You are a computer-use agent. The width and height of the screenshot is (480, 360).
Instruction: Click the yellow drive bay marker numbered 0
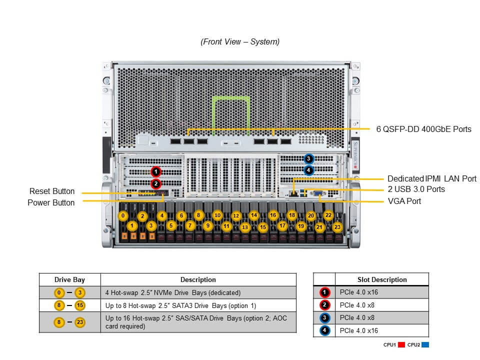123,215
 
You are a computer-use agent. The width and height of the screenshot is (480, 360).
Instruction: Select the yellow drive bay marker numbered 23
337,226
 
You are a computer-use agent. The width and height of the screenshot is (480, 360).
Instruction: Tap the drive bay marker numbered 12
236,215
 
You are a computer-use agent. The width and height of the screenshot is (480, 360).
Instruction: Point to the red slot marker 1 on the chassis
156,171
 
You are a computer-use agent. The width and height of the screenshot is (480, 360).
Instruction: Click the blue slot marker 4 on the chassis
308,170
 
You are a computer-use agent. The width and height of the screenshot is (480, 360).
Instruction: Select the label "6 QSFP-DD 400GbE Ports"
423,129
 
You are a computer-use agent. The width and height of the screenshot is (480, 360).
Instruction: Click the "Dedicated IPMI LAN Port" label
432,178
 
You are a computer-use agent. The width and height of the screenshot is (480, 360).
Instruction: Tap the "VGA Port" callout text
404,201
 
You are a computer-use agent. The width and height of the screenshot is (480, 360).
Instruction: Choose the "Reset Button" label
52,191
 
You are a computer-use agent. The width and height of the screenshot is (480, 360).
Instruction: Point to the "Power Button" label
51,202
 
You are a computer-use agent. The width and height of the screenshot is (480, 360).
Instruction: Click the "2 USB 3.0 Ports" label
416,189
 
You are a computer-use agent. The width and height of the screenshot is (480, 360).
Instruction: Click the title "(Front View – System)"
240,42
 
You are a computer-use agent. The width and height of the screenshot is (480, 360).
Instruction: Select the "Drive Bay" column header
69,279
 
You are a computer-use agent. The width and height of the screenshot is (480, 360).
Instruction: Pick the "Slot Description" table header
382,279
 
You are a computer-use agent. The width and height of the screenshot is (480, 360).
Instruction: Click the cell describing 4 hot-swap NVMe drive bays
173,292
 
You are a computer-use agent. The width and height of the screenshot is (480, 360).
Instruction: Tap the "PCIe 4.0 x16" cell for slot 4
358,330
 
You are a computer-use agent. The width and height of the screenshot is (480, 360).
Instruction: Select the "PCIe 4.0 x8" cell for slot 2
356,305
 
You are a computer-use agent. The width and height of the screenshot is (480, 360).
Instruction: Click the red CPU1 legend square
401,344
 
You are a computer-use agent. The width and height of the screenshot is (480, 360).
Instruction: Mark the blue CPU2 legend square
425,344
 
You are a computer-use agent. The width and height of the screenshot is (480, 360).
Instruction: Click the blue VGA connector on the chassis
319,192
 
